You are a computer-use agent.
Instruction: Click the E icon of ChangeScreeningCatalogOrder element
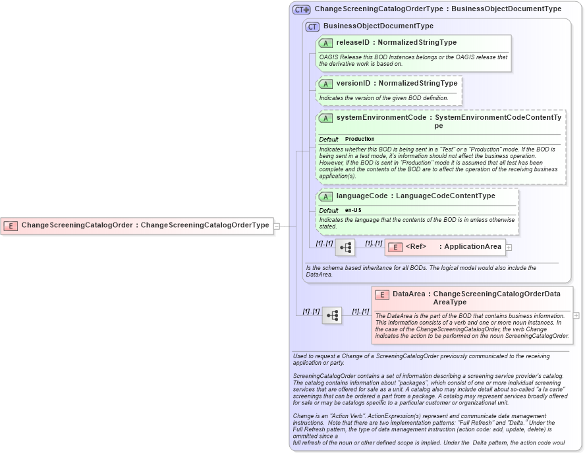click(x=11, y=225)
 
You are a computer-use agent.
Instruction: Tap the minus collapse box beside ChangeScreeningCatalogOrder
click(x=277, y=226)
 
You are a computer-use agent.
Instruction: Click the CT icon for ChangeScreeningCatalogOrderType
click(x=302, y=9)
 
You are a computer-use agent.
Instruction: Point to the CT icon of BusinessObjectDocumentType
click(x=312, y=26)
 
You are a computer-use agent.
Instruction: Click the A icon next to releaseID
click(x=325, y=43)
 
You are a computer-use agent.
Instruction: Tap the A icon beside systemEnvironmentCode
click(x=325, y=118)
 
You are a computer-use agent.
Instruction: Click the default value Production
click(x=360, y=139)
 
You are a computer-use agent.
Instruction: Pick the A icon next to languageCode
click(x=325, y=196)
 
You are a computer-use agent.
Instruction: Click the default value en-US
click(x=353, y=210)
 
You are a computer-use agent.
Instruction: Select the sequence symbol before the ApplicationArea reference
click(x=345, y=248)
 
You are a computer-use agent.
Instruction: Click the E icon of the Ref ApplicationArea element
click(x=395, y=247)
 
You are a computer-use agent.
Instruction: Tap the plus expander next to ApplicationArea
click(x=509, y=248)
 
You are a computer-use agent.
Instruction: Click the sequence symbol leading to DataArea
click(x=332, y=315)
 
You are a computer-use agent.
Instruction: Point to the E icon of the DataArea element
click(x=382, y=295)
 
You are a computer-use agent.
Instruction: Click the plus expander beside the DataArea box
click(x=576, y=315)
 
